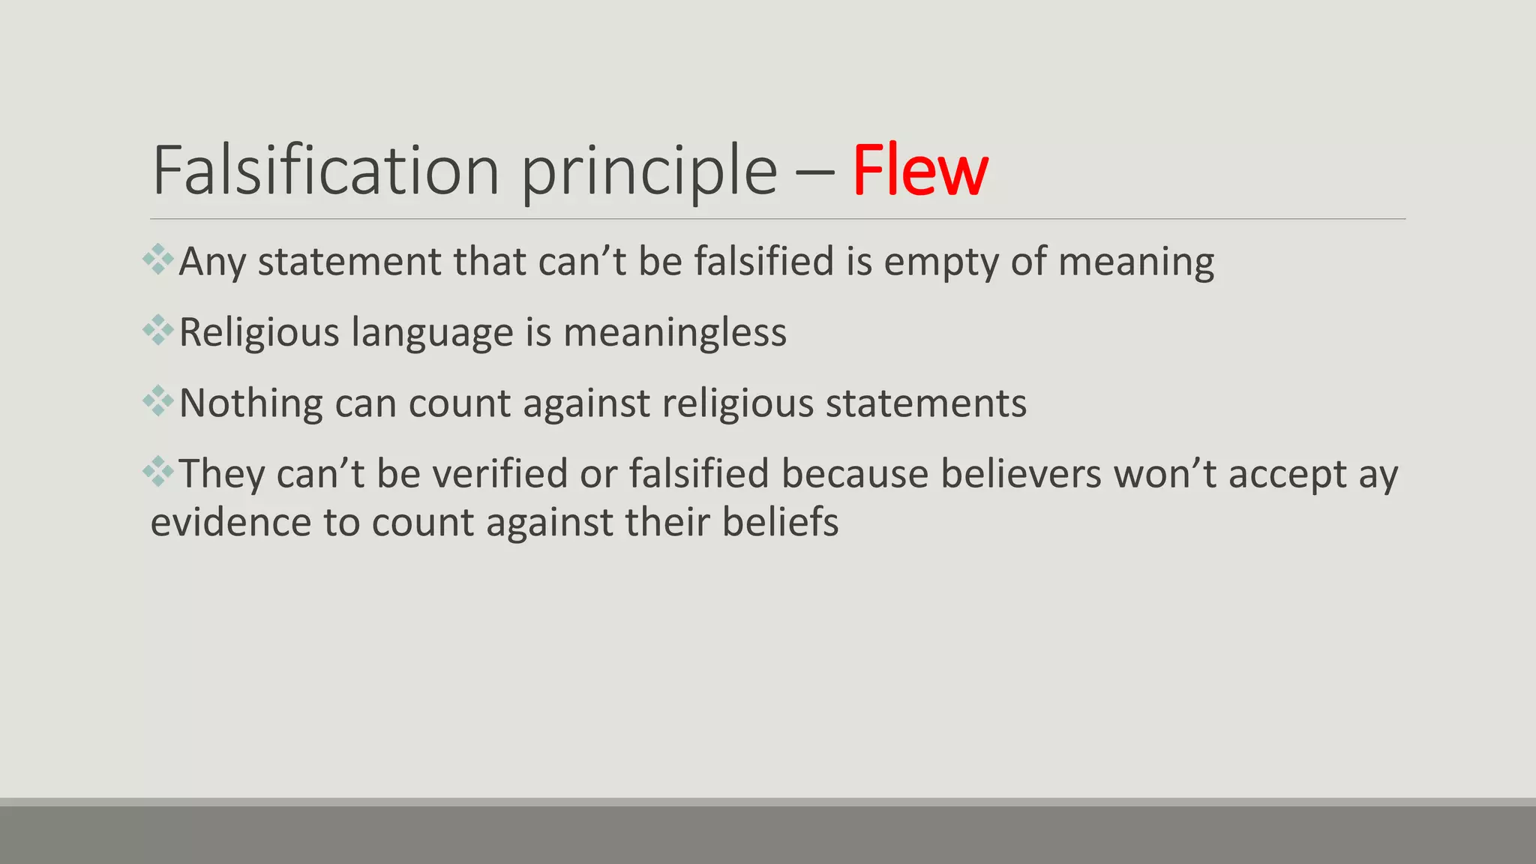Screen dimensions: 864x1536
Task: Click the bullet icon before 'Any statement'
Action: coord(158,259)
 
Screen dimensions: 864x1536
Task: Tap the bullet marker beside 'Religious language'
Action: coord(158,330)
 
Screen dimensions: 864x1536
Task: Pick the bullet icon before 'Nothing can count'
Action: coord(158,401)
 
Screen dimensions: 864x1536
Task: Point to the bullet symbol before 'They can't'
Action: coord(158,472)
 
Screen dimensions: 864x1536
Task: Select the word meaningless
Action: coord(675,332)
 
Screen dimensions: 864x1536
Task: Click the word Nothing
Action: coord(250,403)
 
